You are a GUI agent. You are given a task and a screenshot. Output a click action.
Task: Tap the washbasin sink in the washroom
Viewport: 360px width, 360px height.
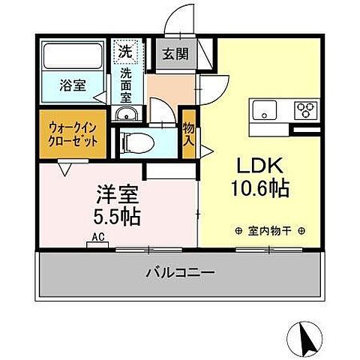pos(127,113)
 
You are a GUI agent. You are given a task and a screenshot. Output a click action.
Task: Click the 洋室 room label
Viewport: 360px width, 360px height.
pos(116,194)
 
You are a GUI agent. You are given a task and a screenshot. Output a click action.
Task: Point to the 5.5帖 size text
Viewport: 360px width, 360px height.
pos(116,217)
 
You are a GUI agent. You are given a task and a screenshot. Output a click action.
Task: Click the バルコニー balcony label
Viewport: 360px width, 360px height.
pos(180,273)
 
